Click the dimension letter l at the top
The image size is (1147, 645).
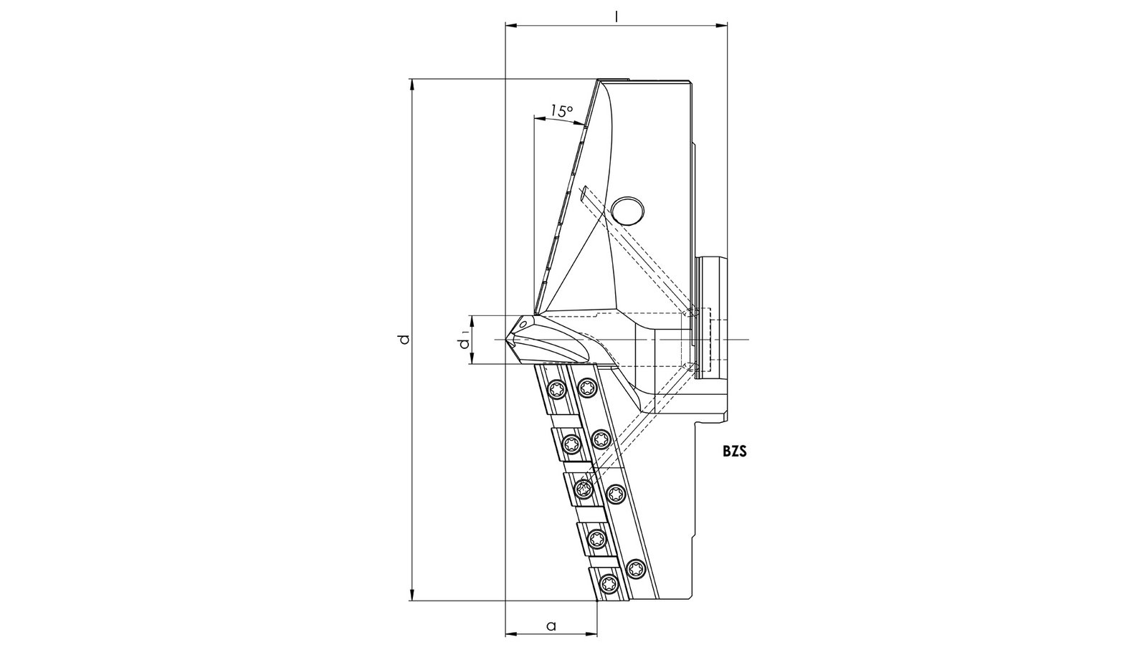(x=617, y=17)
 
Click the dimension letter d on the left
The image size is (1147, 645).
(x=404, y=339)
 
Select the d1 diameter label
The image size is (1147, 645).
(x=465, y=340)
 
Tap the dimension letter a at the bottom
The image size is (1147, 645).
(x=551, y=626)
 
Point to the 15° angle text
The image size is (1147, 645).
(x=561, y=110)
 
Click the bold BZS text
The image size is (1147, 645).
(x=735, y=451)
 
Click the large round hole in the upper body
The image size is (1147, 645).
(x=628, y=210)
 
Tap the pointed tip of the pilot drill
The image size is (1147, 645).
(x=506, y=340)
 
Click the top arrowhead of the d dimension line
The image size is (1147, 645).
(x=412, y=85)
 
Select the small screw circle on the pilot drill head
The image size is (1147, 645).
(x=523, y=323)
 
